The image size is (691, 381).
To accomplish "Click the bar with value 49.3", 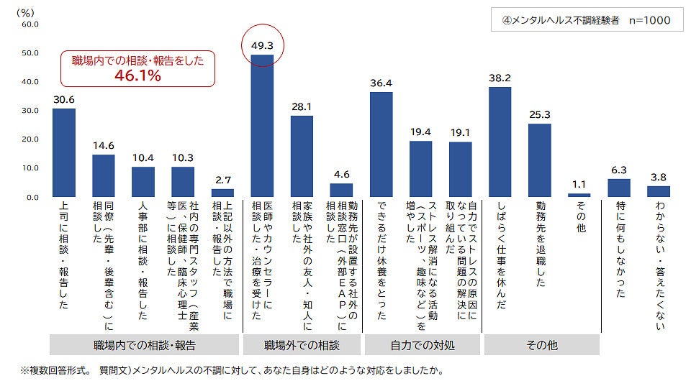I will (262, 126).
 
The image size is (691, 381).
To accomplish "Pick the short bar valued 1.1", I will (579, 195).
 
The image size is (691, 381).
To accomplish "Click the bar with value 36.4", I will (381, 144).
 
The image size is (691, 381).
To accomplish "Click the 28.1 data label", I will (302, 107).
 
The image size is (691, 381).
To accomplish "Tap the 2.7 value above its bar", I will (222, 181).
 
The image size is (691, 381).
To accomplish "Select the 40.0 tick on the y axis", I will (30, 82).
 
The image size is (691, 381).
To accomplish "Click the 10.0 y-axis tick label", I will (30, 168).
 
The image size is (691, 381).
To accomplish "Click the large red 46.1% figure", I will (136, 75).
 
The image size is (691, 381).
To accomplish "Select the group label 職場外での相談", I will (302, 345).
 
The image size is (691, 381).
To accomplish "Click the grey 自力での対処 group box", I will (422, 345).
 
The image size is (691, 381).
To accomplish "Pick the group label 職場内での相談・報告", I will (145, 345).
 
